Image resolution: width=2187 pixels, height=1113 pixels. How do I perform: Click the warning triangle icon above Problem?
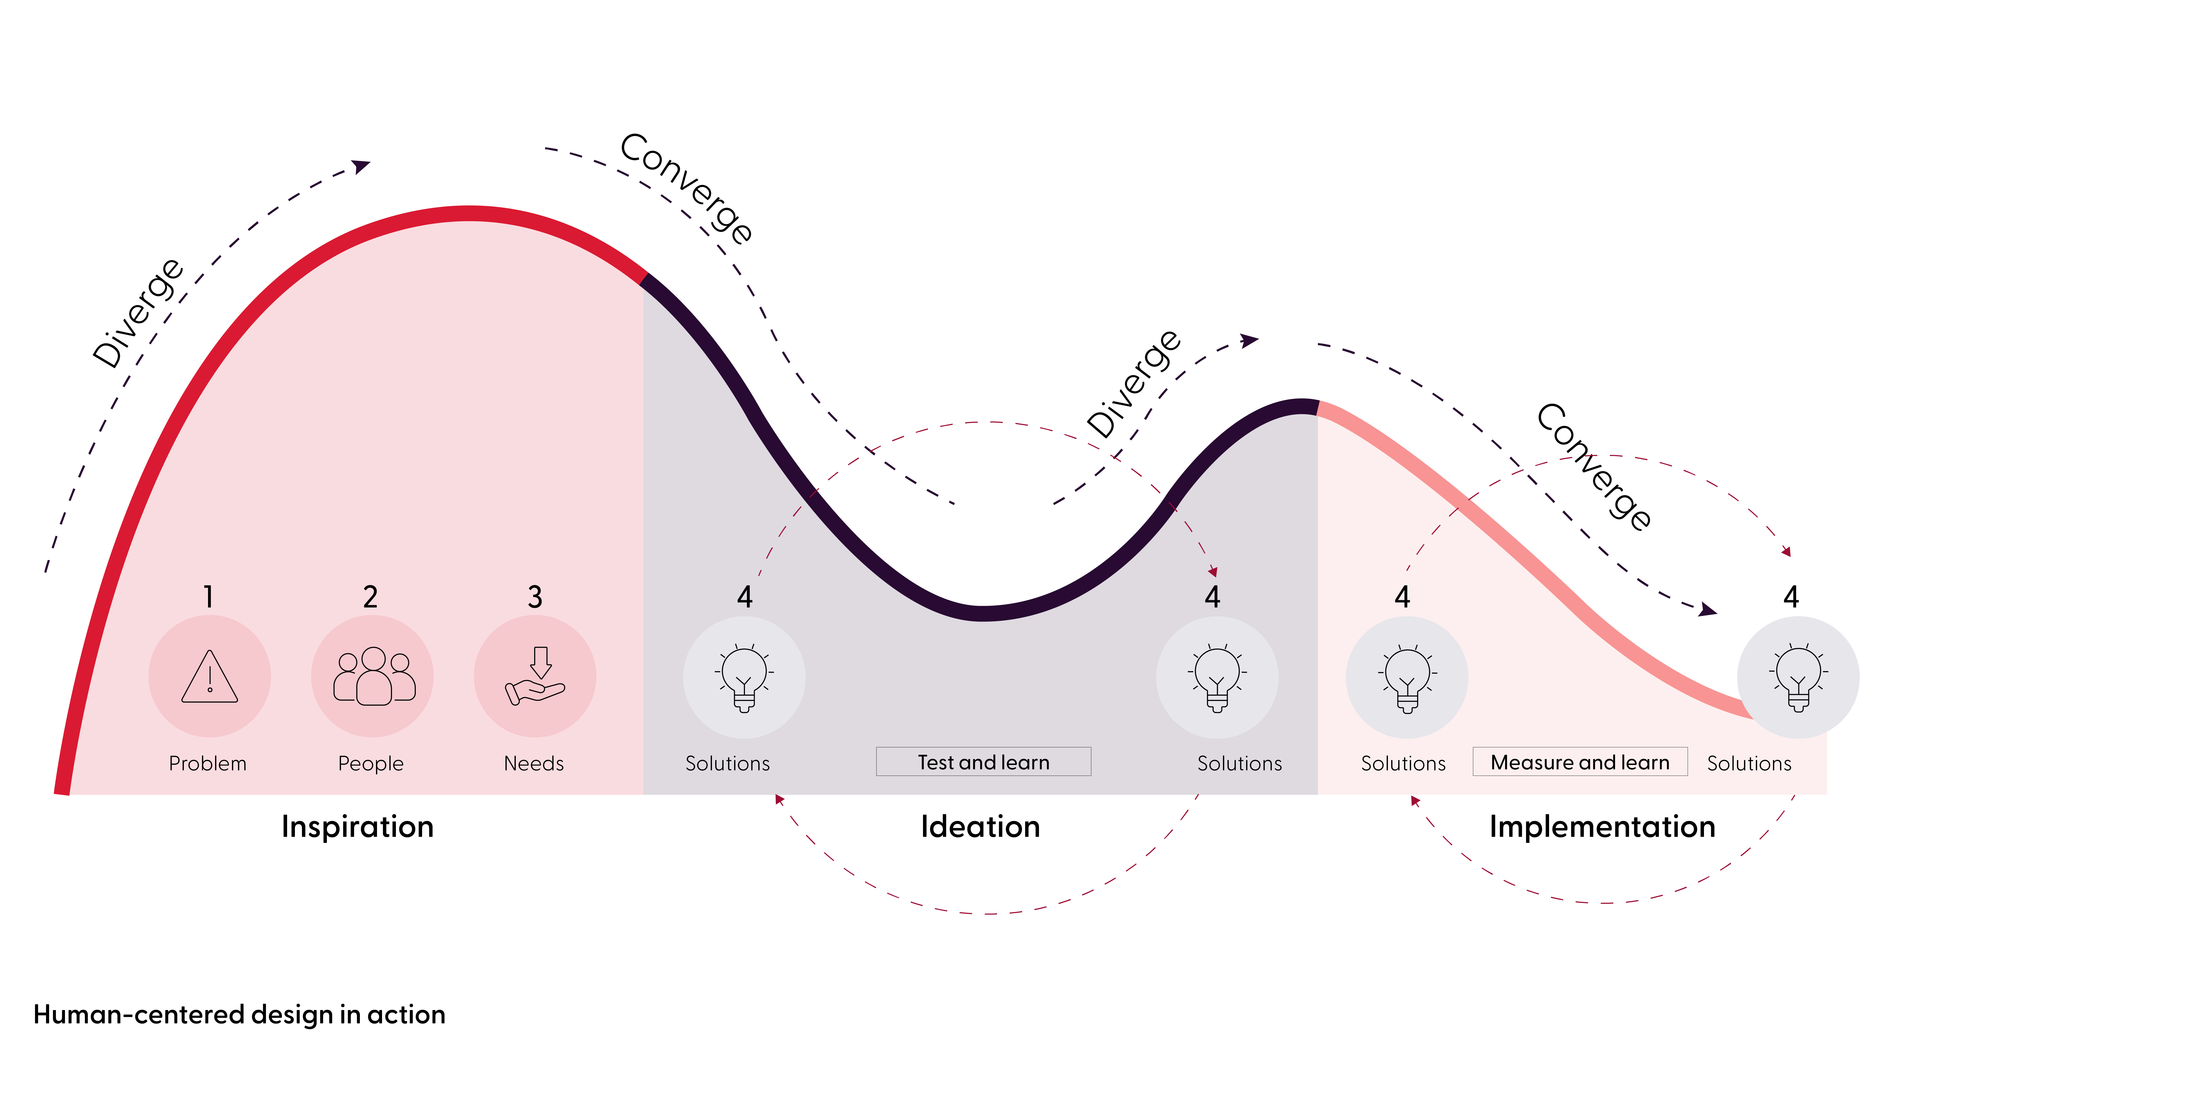210,677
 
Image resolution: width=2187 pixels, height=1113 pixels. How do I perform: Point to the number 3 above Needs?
535,597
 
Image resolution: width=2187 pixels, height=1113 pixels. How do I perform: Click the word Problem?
208,763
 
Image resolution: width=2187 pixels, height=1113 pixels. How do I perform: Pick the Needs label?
534,763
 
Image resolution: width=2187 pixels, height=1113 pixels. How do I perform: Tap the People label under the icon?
371,763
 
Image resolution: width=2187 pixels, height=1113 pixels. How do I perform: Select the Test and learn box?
983,762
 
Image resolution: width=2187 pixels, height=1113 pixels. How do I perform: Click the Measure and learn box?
1580,762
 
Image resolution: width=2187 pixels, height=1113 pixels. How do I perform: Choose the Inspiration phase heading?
357,826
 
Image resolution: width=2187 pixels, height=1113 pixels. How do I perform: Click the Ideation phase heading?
981,826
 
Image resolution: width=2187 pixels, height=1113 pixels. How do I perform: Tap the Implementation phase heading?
1602,826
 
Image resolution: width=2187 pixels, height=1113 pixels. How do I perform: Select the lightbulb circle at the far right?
1798,677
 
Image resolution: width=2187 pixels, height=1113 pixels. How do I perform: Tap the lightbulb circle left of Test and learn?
744,677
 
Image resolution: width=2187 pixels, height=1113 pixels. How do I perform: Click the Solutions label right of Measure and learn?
1749,763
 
